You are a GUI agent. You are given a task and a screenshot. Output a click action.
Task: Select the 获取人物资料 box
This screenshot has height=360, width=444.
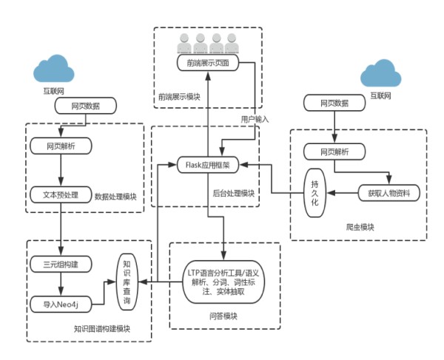pyautogui.click(x=388, y=194)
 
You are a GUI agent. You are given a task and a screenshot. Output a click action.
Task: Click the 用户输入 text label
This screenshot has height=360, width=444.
pyautogui.click(x=255, y=118)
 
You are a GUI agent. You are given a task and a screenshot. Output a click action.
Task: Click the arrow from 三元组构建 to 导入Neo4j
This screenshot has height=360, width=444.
pyautogui.click(x=60, y=282)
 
